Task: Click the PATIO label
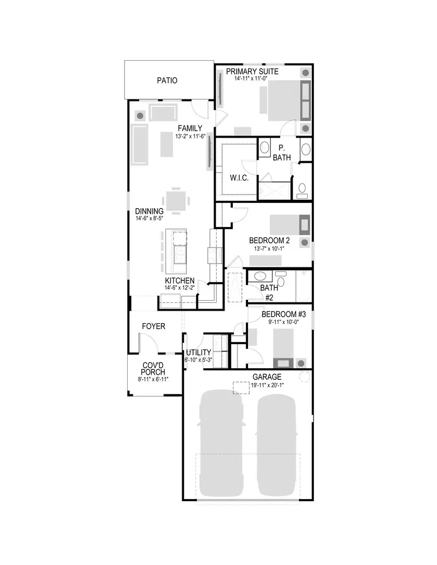[167, 81]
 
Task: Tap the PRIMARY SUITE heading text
[252, 71]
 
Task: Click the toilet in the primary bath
[302, 190]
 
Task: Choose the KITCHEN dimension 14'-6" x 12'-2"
[180, 288]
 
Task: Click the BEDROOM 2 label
[269, 241]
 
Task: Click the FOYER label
[153, 326]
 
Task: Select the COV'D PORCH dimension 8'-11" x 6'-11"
[154, 379]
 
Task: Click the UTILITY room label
[198, 352]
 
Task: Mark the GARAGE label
[267, 377]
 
